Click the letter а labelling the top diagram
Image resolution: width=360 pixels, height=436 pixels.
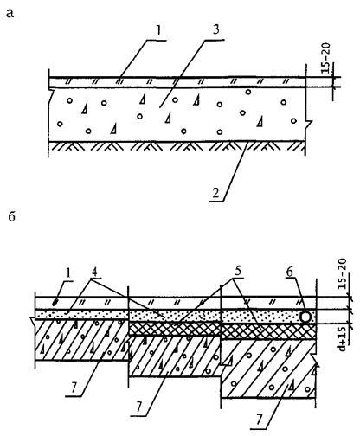coord(10,13)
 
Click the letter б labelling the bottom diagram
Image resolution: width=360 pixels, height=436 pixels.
coord(11,216)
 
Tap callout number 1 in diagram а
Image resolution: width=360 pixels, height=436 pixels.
coord(158,33)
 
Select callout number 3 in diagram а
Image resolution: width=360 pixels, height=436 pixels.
coord(215,30)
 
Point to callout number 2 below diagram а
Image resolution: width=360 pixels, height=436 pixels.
coord(215,193)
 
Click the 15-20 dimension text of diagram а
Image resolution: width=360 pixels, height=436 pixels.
coord(326,59)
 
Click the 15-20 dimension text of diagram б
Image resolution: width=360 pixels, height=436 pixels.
coord(343,274)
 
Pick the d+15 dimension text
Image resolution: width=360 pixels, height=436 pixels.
coord(343,339)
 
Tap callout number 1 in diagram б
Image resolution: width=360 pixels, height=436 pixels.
coord(68,274)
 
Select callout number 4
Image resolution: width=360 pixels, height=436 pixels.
coord(93,272)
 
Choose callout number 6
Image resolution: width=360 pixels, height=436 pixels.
coord(290,272)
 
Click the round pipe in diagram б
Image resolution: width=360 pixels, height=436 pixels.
coord(305,317)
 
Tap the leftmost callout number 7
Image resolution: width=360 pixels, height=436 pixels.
coord(74,388)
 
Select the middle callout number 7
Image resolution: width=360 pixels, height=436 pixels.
coord(139,407)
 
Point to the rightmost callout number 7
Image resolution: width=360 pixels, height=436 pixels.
coord(259,420)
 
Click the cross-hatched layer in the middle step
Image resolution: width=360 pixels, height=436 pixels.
coord(175,329)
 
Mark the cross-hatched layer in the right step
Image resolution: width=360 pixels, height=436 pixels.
coord(268,332)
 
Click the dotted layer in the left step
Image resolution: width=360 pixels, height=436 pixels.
coord(81,314)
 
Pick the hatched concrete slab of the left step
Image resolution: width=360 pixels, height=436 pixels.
coord(81,340)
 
